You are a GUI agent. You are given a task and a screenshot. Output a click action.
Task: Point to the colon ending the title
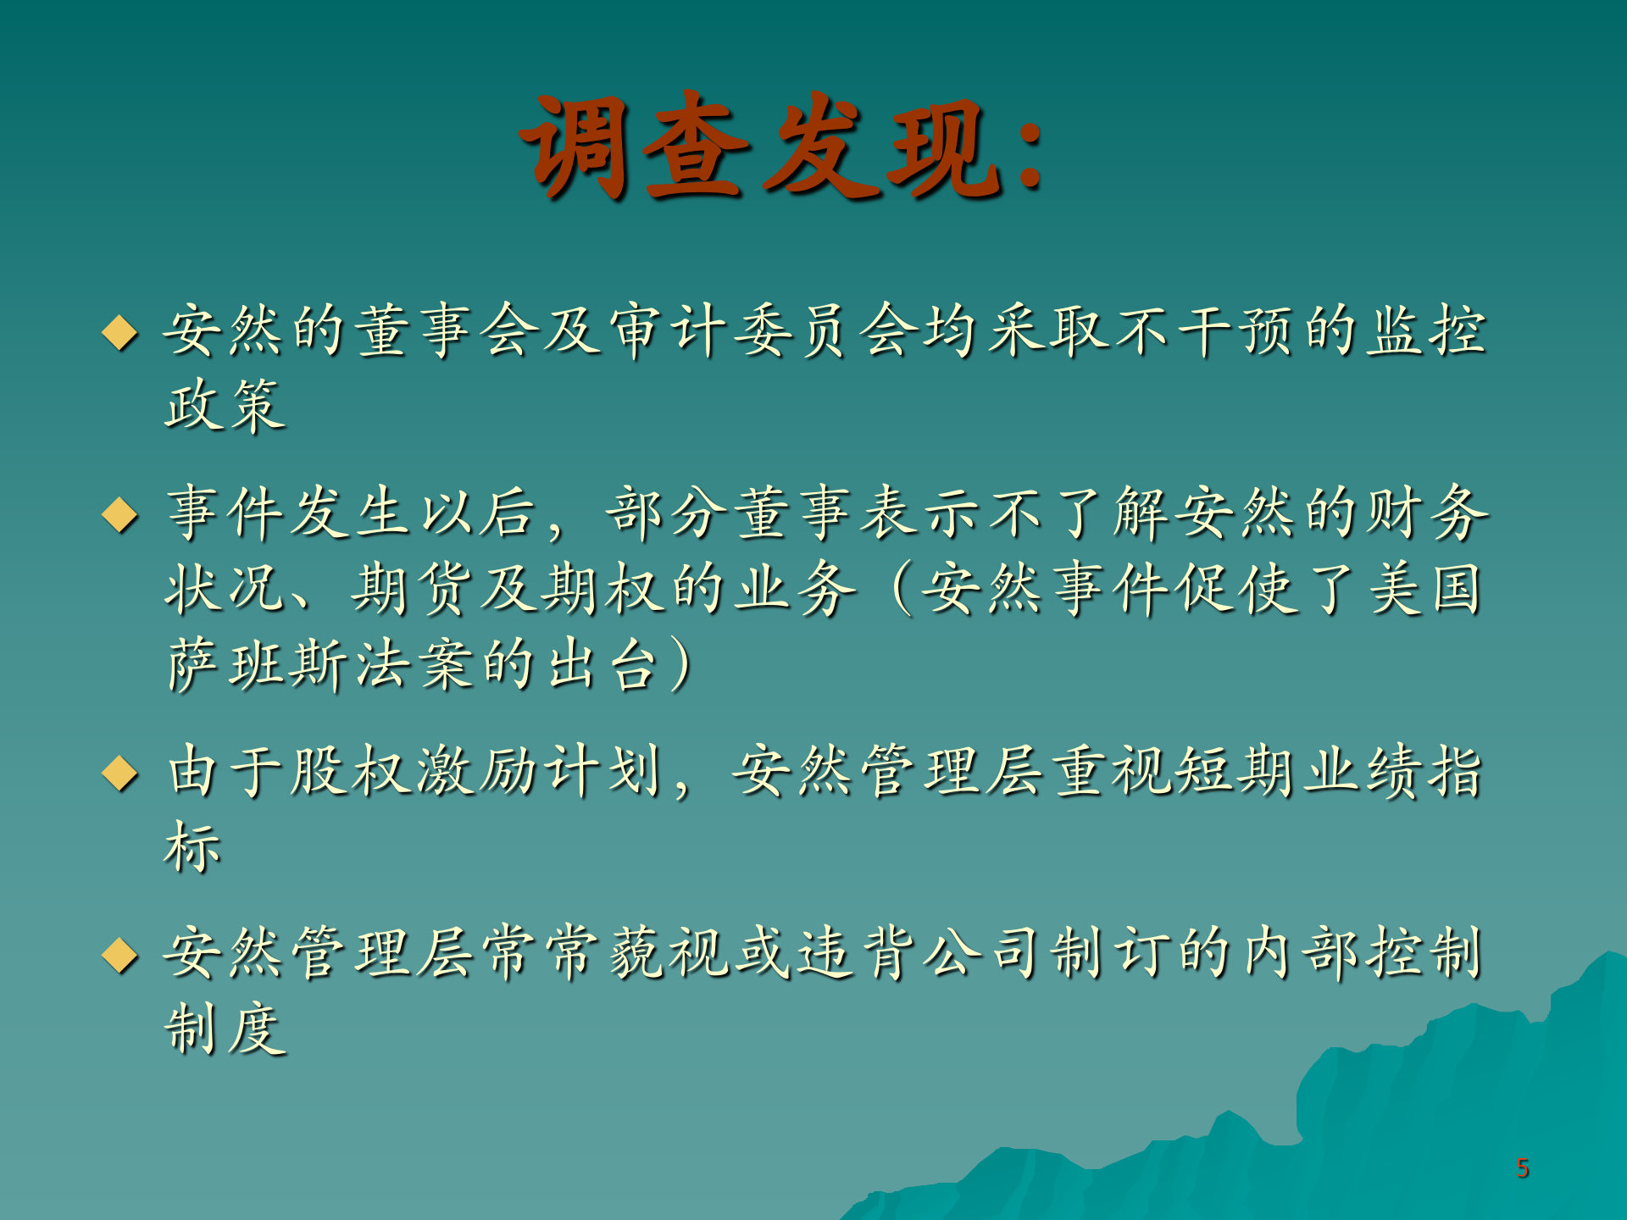click(x=1030, y=152)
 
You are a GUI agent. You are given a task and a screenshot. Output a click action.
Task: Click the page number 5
click(x=1522, y=1168)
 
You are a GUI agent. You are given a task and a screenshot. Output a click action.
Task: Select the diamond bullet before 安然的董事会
click(x=119, y=332)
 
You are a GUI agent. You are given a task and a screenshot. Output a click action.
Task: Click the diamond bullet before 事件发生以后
click(x=119, y=514)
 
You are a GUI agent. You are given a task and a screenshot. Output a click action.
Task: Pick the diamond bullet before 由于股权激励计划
click(x=119, y=773)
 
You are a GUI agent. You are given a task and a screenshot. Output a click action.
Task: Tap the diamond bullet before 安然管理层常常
click(x=119, y=955)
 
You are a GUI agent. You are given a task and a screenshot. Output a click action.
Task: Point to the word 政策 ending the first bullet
click(x=225, y=405)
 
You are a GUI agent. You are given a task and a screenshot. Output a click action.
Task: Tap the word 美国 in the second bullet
click(x=1426, y=589)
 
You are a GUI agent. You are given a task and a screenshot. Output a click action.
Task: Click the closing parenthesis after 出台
click(x=681, y=664)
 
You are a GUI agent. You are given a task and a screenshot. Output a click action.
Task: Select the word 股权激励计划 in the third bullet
click(x=477, y=771)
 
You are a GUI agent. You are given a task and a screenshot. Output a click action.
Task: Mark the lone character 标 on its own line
click(x=193, y=846)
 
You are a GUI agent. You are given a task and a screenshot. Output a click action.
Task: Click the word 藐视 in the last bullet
click(x=669, y=953)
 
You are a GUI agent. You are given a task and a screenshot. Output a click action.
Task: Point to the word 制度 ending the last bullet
click(x=225, y=1029)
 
